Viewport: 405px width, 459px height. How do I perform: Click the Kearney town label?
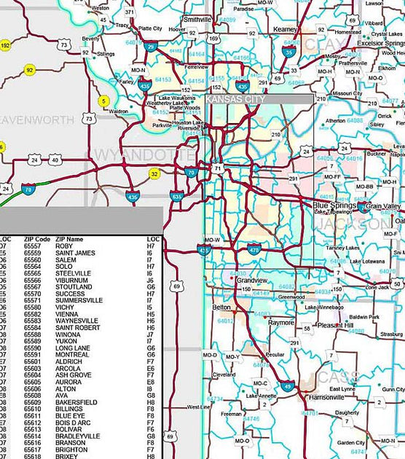[x=286, y=28]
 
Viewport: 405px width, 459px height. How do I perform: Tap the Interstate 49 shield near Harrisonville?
[x=288, y=387]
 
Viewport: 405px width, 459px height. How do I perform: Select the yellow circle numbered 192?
[x=6, y=46]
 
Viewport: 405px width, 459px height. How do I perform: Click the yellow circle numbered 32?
[x=154, y=173]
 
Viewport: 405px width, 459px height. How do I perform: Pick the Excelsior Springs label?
[x=380, y=44]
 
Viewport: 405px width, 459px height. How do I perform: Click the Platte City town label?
[x=150, y=28]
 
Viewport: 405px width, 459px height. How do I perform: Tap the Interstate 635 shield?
[x=176, y=197]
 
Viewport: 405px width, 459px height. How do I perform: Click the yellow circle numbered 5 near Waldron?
[x=104, y=101]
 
